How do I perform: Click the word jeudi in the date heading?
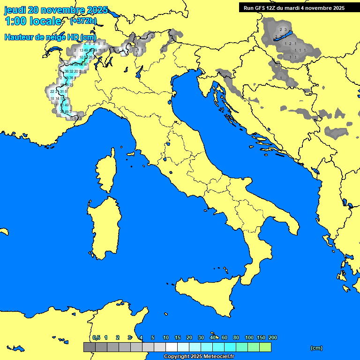pyautogui.click(x=15, y=10)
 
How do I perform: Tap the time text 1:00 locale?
pyautogui.click(x=33, y=21)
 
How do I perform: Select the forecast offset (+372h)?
pyautogui.click(x=83, y=21)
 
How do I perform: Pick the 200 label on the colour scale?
pyautogui.click(x=273, y=337)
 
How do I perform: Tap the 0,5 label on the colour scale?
pyautogui.click(x=96, y=337)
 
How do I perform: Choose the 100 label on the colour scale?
pyautogui.click(x=249, y=337)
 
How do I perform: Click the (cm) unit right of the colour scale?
pyautogui.click(x=316, y=348)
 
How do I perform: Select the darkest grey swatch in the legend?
pyautogui.click(x=89, y=347)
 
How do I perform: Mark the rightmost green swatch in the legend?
pyautogui.click(x=265, y=347)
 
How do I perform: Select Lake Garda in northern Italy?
pyautogui.click(x=139, y=71)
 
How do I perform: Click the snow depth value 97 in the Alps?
pyautogui.click(x=86, y=64)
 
